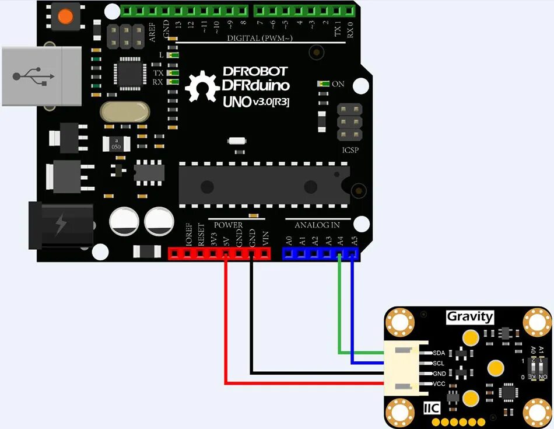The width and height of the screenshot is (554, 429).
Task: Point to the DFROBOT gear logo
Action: click(x=201, y=87)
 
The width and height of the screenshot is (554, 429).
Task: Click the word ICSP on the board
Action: click(x=350, y=151)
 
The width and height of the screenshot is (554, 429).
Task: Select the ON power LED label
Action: click(x=338, y=84)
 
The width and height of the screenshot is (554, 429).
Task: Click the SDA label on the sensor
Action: click(x=439, y=353)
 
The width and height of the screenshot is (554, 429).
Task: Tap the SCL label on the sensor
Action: click(x=439, y=363)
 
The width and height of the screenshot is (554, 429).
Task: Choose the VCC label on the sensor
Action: click(x=439, y=383)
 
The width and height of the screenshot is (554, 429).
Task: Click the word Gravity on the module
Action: click(x=469, y=317)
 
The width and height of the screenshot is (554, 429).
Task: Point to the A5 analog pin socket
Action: click(x=352, y=253)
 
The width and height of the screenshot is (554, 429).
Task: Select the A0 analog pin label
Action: click(x=288, y=240)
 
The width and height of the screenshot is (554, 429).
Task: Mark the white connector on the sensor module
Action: click(x=406, y=368)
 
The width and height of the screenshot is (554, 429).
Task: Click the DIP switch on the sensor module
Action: click(x=537, y=368)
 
